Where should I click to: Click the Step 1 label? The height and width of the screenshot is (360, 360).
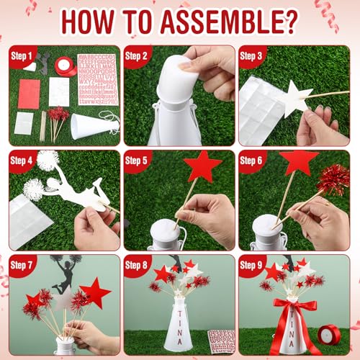click(22, 55)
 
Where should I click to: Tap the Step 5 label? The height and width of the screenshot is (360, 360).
click(137, 160)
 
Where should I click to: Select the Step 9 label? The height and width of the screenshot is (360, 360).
click(252, 265)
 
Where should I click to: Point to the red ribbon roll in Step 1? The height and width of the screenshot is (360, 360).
click(66, 66)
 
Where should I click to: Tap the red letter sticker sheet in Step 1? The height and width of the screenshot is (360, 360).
click(96, 78)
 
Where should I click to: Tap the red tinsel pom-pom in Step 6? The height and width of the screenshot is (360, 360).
click(333, 179)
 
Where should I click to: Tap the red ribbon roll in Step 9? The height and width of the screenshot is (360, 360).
click(330, 333)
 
